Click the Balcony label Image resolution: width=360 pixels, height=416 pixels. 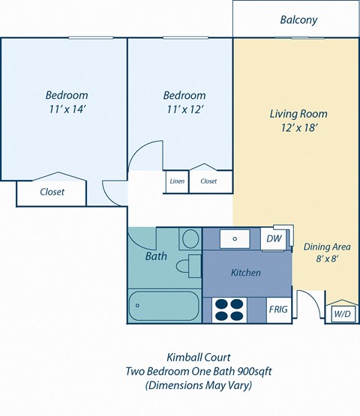298,20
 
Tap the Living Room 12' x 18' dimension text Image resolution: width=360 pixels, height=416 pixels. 298,128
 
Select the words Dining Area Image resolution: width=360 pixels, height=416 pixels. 326,246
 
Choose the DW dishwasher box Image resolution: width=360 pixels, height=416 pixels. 274,238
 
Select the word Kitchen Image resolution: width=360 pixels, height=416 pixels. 245,273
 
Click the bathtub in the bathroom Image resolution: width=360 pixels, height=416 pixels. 163,307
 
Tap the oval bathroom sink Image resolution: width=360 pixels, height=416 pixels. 190,239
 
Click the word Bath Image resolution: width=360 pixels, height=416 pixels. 156,256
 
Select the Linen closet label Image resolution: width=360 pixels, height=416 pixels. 177,181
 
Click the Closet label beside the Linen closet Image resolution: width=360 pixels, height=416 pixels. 208,181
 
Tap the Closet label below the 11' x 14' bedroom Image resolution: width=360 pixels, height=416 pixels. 52,192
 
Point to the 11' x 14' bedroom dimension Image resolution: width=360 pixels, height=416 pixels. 67,109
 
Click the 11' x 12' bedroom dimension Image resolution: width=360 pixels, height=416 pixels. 184,109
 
